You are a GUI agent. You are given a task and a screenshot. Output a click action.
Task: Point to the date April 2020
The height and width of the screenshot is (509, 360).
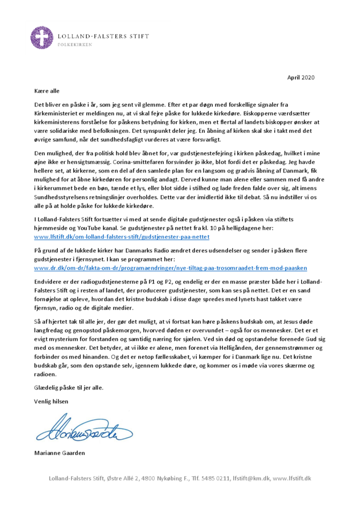tap(301, 78)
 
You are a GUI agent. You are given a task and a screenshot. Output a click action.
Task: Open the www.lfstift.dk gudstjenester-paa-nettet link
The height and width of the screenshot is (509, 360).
tap(122, 236)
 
